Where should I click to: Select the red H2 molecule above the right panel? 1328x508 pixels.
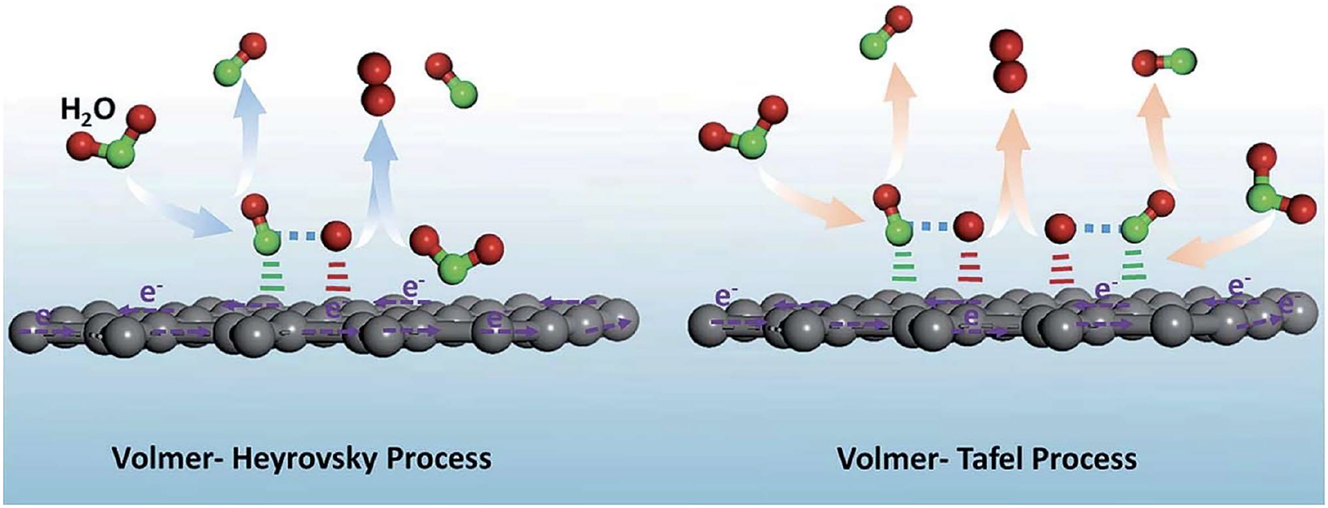1008,60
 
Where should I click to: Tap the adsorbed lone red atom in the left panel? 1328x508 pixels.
336,236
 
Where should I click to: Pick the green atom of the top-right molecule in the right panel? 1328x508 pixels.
1185,61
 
